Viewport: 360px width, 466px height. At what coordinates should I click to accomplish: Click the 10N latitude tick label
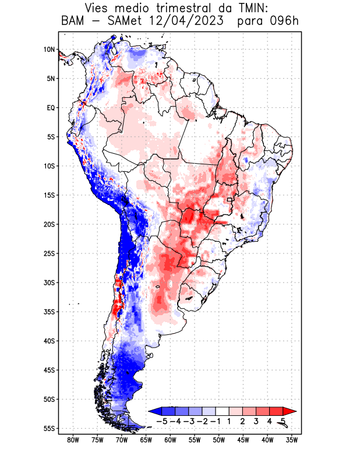49,50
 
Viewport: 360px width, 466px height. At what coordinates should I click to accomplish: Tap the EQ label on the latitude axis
50,108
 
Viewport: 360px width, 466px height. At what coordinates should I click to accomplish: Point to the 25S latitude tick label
48,253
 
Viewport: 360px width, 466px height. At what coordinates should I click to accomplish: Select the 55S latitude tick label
48,428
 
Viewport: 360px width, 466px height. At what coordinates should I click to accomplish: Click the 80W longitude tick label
73,440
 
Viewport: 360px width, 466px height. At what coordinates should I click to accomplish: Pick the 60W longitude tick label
170,440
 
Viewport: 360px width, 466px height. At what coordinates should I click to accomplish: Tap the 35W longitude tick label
292,440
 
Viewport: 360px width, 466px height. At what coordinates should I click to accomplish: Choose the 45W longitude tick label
243,440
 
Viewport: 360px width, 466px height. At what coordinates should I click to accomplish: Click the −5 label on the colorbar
162,421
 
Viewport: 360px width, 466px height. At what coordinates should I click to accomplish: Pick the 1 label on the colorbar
230,421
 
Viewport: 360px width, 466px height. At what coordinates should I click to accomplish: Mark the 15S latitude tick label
48,195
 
